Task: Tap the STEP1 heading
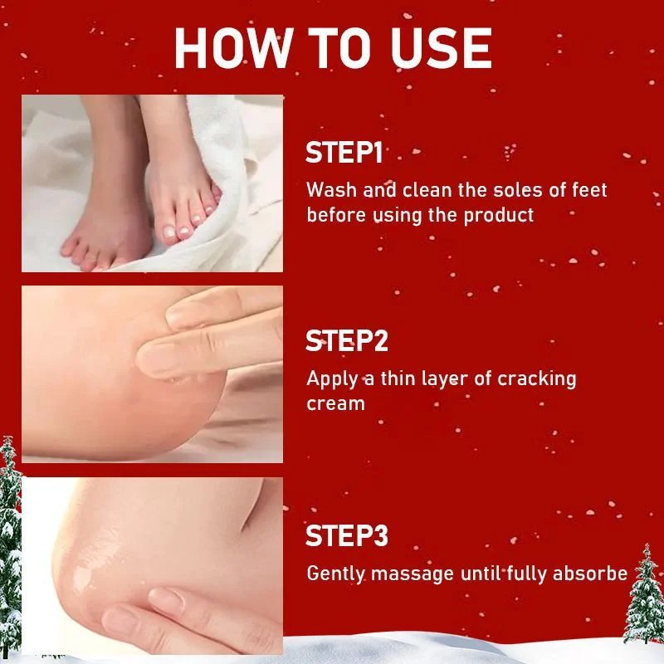pos(344,153)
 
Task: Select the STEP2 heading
pos(346,341)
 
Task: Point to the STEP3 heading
pos(346,535)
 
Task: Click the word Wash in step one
pos(331,190)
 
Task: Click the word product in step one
pos(499,216)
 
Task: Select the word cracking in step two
pos(537,379)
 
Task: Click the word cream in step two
pos(336,404)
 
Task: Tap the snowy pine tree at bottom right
pos(645,594)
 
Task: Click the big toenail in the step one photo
pos(169,232)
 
